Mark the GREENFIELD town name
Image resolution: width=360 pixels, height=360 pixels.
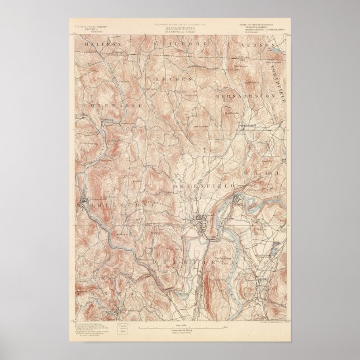[202, 185]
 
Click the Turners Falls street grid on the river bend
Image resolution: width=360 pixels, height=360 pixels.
[240, 199]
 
